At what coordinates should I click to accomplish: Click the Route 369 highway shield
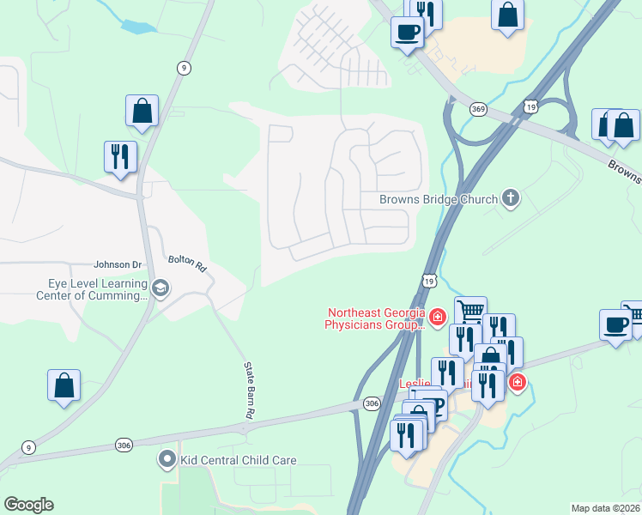point(479,109)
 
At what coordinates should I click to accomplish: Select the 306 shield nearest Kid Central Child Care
point(124,445)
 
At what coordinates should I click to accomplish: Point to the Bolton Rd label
point(188,262)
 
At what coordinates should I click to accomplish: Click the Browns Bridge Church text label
point(439,200)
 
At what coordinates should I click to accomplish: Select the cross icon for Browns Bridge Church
point(511,199)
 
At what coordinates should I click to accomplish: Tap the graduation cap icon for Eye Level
point(160,288)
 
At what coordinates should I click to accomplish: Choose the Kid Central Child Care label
point(238,460)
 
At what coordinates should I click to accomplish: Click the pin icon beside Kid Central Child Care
point(168,460)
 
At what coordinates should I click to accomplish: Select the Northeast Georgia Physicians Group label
point(375,319)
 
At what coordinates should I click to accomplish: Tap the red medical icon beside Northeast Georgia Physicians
point(438,319)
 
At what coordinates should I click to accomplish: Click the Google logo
point(28,505)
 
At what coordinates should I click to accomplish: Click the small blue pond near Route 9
point(137,27)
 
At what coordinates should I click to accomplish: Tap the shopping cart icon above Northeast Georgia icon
point(470,311)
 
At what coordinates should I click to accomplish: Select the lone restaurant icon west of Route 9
point(119,156)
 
